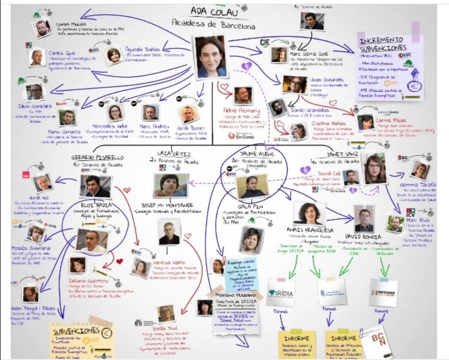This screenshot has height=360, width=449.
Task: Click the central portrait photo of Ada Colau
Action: (x=211, y=57)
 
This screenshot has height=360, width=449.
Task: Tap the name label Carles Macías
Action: (x=71, y=24)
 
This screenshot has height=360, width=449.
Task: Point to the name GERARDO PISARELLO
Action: (x=98, y=157)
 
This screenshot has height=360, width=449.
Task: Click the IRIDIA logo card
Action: (x=280, y=293)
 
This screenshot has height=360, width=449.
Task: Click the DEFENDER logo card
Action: (x=383, y=292)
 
